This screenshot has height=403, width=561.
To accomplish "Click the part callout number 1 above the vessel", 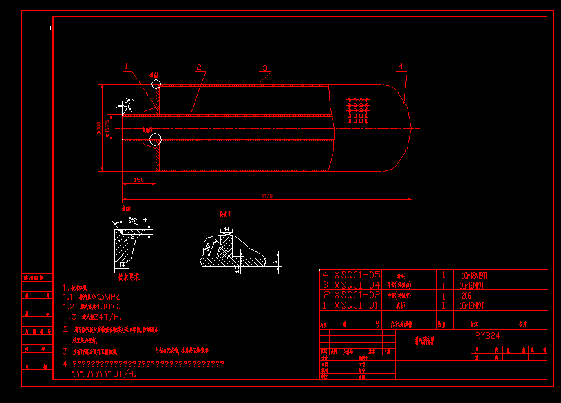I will [x=127, y=66].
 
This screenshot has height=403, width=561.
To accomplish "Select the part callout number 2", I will [x=199, y=67].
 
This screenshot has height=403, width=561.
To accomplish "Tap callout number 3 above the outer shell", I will [x=264, y=68].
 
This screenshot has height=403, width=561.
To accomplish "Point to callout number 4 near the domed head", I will [x=401, y=66].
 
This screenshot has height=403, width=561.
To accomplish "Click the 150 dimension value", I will [x=139, y=180].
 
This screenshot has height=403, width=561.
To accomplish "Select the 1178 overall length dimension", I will [x=267, y=195].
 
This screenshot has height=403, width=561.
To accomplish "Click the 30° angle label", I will [x=129, y=101].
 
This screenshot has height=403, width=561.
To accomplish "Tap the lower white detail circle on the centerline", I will [x=154, y=139].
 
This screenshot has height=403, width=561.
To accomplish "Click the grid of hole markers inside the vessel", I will [x=357, y=110].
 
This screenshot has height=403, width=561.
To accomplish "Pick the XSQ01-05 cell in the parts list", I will [x=357, y=275].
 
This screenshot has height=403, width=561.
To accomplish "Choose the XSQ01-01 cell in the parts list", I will [x=357, y=305].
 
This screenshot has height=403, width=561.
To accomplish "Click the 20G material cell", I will [x=466, y=295].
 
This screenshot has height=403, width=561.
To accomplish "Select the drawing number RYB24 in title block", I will [x=487, y=336].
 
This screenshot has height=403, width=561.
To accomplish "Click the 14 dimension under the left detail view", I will [x=122, y=265].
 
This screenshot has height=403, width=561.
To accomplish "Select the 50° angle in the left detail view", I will [x=132, y=220].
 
